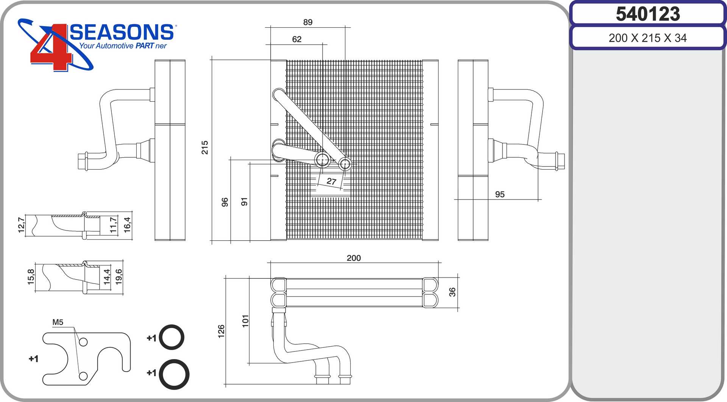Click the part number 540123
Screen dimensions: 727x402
point(648,14)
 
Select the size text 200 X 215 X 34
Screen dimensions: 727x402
point(647,38)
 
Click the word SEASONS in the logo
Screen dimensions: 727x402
point(122,32)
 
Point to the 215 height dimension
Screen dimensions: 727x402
point(205,147)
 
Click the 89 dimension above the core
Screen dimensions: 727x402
point(308,22)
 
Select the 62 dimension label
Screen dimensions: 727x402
point(297,39)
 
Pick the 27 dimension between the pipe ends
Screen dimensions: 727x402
point(331,181)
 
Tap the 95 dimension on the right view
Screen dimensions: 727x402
point(500,194)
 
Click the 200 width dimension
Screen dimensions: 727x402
point(354,258)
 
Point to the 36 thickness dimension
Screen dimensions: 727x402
point(452,292)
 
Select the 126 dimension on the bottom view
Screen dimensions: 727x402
point(222,331)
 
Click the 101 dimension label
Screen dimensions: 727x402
point(246,321)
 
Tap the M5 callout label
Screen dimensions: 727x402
point(58,322)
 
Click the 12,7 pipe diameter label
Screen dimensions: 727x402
point(21,225)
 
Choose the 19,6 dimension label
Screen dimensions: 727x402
point(119,277)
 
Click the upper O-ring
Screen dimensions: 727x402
point(172,337)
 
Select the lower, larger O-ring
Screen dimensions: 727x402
point(174,374)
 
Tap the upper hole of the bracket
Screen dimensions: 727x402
point(83,342)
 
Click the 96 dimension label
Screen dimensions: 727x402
point(225,202)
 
